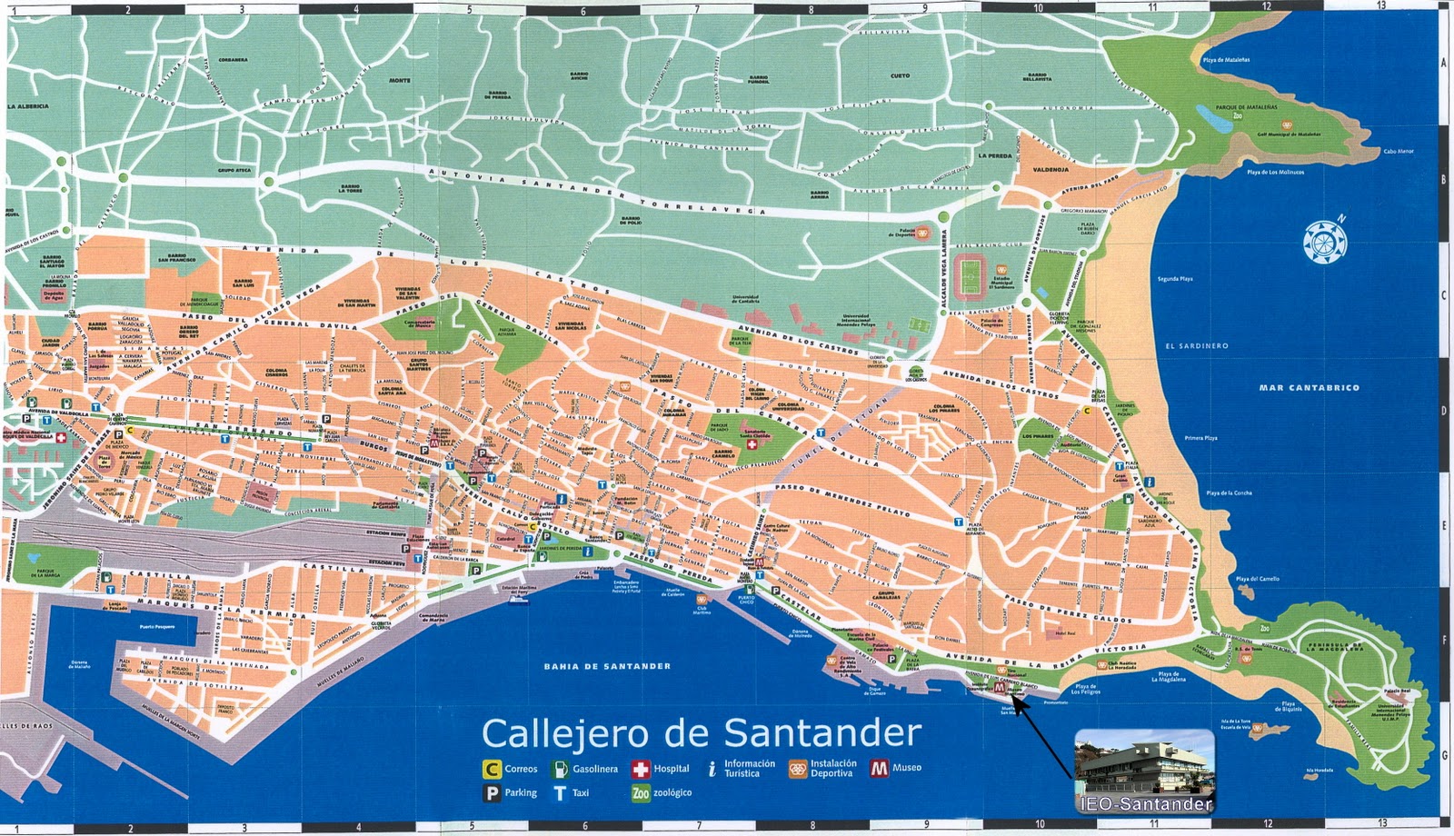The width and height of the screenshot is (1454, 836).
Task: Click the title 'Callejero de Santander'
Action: pos(701,732)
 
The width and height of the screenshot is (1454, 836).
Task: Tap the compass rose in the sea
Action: pos(1324,241)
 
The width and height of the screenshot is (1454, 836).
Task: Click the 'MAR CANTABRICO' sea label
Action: pos(1309,387)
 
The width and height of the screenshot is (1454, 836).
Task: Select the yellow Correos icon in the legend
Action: pos(492,769)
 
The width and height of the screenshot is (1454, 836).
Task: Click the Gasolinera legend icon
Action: pos(560,769)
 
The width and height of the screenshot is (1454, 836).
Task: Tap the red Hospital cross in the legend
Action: pos(641,770)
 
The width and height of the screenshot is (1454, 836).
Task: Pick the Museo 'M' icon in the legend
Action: pos(879,768)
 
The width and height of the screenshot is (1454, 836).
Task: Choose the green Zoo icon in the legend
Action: pos(641,793)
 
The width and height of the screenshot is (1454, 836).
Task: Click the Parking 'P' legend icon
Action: pos(492,793)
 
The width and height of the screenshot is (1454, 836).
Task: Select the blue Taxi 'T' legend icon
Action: pos(560,793)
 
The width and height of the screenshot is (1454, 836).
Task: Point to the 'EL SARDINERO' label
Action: pos(1197,346)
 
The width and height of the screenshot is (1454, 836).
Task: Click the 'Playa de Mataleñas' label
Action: pos(1226,60)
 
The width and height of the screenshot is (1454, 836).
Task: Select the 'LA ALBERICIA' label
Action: pos(28,106)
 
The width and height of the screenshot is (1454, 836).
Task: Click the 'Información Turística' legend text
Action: pos(750,769)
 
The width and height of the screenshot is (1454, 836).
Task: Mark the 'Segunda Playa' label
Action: pos(1175,279)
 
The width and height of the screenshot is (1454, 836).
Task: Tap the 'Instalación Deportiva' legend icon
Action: pos(798,769)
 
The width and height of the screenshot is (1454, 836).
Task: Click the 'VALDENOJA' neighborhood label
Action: pos(1051,170)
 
